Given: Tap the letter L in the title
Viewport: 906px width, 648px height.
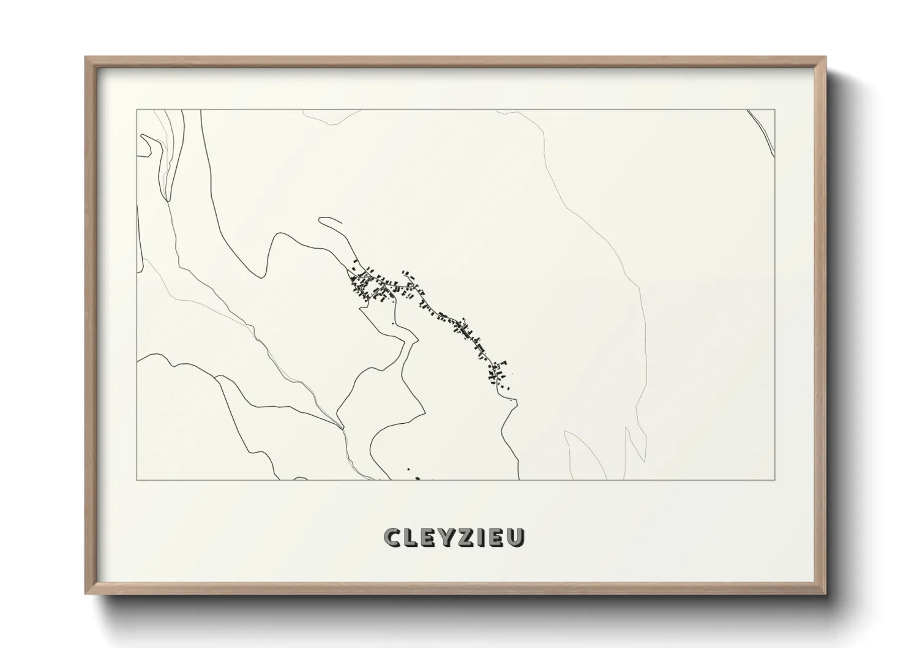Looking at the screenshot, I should pyautogui.click(x=411, y=537).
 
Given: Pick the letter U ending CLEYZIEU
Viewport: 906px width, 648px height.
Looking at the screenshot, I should pyautogui.click(x=517, y=537).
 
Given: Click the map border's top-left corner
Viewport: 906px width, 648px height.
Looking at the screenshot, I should pyautogui.click(x=137, y=110).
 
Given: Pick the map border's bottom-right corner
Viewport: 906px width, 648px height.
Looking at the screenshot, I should pyautogui.click(x=775, y=480).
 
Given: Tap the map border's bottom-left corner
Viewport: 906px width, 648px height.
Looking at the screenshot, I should pyautogui.click(x=137, y=480).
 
